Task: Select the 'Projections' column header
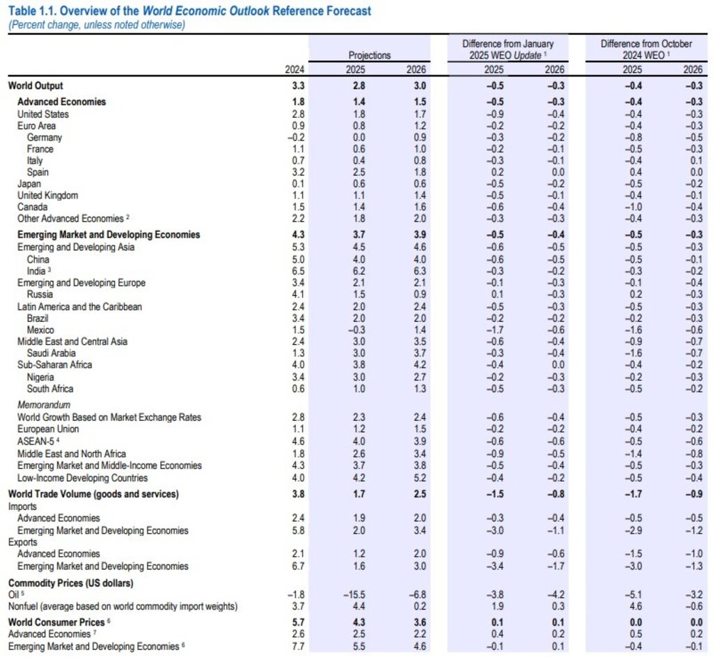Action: (370, 55)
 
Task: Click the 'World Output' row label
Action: (36, 86)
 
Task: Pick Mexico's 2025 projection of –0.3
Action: (355, 330)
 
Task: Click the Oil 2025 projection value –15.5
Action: (353, 594)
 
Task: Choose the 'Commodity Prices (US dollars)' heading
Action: (70, 582)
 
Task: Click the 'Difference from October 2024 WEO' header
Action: (646, 49)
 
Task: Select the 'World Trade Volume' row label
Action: (93, 494)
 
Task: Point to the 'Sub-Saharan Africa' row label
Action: (54, 364)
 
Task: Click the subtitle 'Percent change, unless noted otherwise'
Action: (96, 24)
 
